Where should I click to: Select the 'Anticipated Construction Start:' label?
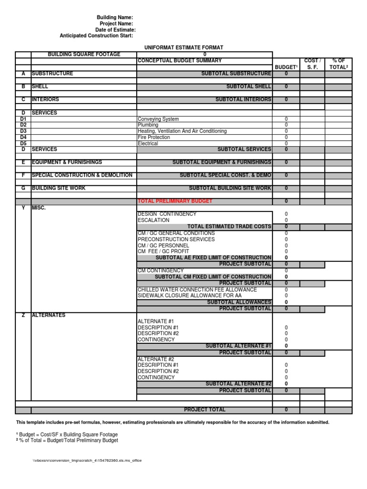pos(97,36)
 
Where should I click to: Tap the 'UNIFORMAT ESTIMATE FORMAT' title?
pos(184,48)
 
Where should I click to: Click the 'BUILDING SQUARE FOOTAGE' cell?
pos(84,54)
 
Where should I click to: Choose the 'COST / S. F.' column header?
pos(312,64)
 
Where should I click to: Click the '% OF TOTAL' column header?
pos(338,64)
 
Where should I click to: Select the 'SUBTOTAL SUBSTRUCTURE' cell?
pos(236,74)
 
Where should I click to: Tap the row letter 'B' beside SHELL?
pos(23,86)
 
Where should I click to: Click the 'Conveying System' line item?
pos(158,119)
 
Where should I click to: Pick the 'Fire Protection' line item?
pos(153,137)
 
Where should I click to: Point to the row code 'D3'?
pos(23,131)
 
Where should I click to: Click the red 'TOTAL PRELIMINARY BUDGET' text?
pos(175,201)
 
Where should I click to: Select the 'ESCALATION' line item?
pos(153,220)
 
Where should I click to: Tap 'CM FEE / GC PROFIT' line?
pos(163,251)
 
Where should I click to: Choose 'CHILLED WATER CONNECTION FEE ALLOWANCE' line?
pos(197,289)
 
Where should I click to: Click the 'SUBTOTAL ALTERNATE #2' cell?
pos(238,383)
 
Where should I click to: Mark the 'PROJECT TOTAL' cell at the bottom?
pos(205,410)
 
